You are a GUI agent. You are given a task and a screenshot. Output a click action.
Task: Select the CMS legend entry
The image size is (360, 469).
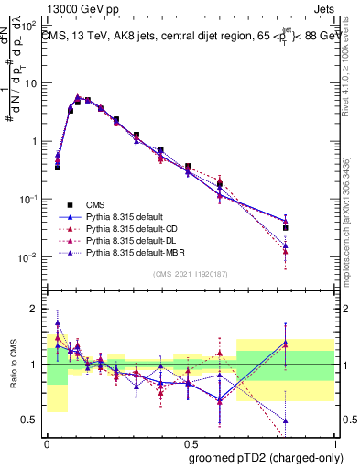pos(97,203)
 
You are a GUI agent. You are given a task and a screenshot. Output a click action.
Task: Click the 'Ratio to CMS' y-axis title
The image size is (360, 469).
pos(13,365)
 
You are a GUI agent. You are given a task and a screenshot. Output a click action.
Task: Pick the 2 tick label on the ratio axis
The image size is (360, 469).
pos(34,309)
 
